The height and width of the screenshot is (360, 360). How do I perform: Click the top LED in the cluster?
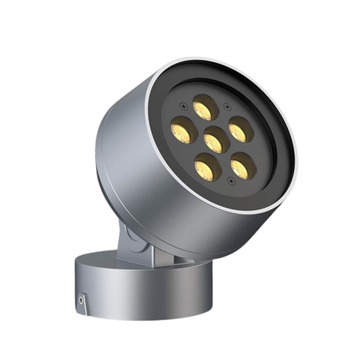pyautogui.click(x=203, y=107)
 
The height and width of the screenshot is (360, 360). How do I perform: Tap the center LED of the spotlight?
pyautogui.click(x=215, y=139)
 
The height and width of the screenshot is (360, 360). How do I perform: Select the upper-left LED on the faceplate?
pyautogui.click(x=182, y=131)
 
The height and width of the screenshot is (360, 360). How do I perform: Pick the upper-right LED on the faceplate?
pyautogui.click(x=240, y=130)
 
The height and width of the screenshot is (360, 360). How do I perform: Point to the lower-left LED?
pyautogui.click(x=208, y=166)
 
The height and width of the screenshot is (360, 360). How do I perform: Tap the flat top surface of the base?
pyautogui.click(x=112, y=262)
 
